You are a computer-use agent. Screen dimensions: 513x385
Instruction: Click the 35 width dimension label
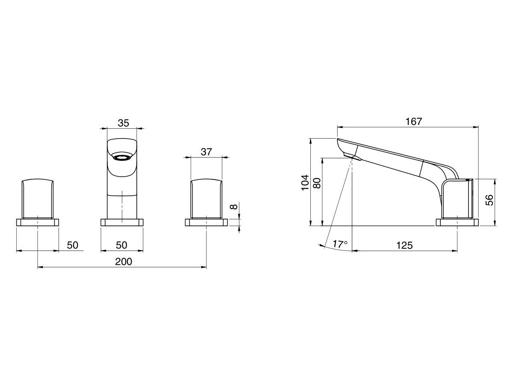[123, 123]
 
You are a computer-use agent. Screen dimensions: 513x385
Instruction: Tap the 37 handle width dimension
[206, 152]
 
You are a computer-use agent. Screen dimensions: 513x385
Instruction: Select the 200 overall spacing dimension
[124, 261]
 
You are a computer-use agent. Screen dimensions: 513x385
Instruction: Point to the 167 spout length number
[414, 121]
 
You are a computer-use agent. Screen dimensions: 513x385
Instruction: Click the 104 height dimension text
[305, 183]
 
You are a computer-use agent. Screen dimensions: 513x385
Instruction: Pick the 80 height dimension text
[317, 183]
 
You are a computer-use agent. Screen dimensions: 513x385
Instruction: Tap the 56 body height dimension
[489, 200]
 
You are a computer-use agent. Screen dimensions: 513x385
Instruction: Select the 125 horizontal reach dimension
[404, 246]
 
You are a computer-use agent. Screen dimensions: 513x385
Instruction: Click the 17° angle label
[340, 244]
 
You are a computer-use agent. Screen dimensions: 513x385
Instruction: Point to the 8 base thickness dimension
[234, 207]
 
